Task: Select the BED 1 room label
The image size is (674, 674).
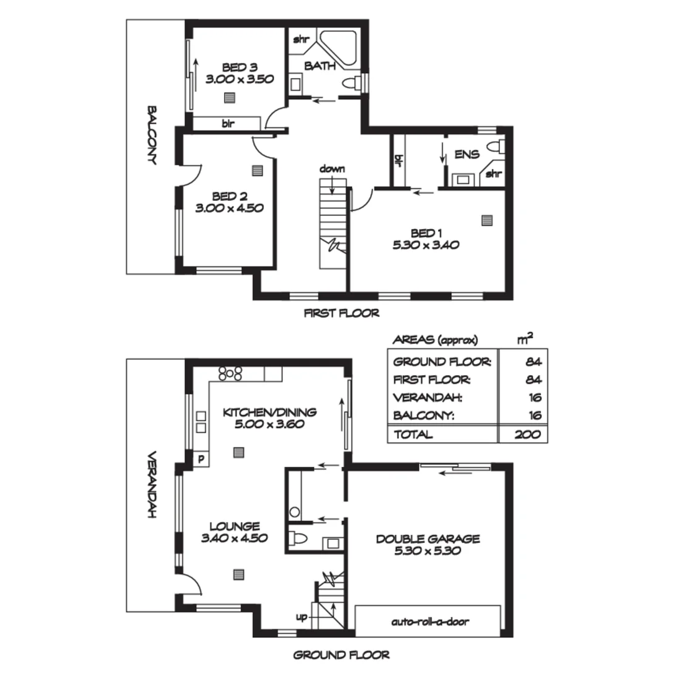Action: [x=426, y=233]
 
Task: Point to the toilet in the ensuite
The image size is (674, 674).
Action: [x=496, y=147]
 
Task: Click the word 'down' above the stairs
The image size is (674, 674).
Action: [x=331, y=168]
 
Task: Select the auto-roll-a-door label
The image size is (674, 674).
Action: [x=430, y=622]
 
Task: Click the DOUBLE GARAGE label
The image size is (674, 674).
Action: [x=427, y=539]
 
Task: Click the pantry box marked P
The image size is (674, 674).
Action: [x=201, y=459]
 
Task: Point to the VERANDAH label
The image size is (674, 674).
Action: [x=151, y=485]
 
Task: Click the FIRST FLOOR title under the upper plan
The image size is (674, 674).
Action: [x=341, y=313]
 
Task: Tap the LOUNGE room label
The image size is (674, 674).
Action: [x=234, y=526]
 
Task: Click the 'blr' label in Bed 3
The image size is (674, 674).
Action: [x=228, y=124]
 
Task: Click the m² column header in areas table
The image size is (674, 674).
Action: [x=525, y=339]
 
